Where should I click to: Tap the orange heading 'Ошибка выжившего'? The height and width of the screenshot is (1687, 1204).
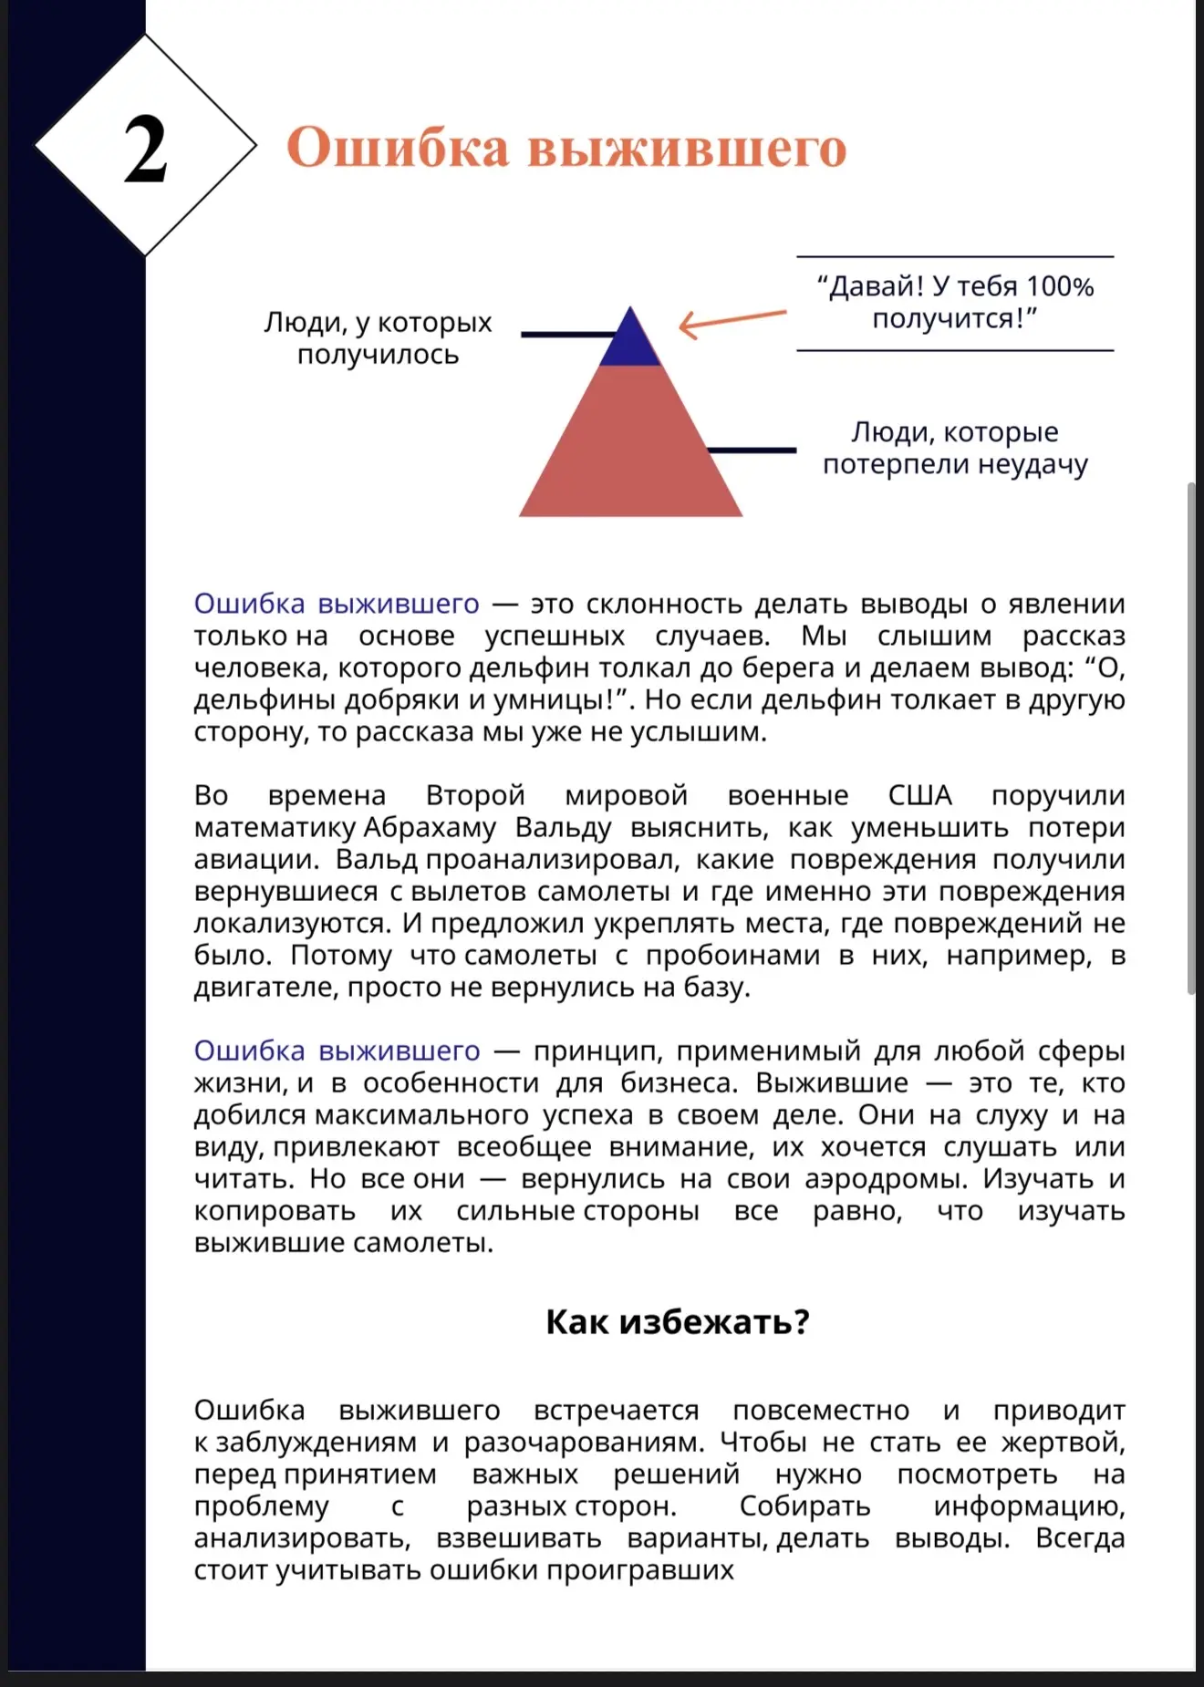point(566,148)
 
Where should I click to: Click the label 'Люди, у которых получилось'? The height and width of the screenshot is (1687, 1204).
point(378,338)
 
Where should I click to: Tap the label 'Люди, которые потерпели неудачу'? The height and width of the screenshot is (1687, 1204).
point(955,448)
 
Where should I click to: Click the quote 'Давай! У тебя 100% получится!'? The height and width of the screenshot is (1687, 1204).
point(955,303)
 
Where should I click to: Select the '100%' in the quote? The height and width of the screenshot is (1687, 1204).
point(1060,287)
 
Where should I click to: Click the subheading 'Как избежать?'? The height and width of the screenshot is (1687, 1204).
point(678,1321)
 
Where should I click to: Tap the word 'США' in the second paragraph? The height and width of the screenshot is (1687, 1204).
point(919,795)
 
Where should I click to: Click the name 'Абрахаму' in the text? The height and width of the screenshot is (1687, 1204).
point(431,827)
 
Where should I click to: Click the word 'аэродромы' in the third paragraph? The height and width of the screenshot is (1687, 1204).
point(884,1179)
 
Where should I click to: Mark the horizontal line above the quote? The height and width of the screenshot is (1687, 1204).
point(955,256)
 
